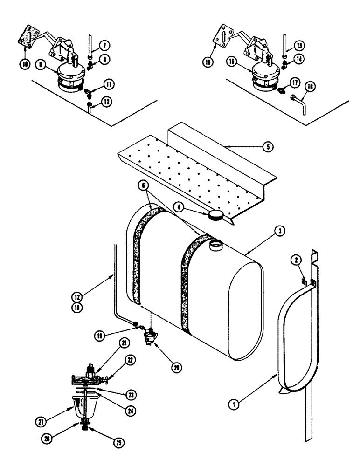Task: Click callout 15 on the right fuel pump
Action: pyautogui.click(x=243, y=62)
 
